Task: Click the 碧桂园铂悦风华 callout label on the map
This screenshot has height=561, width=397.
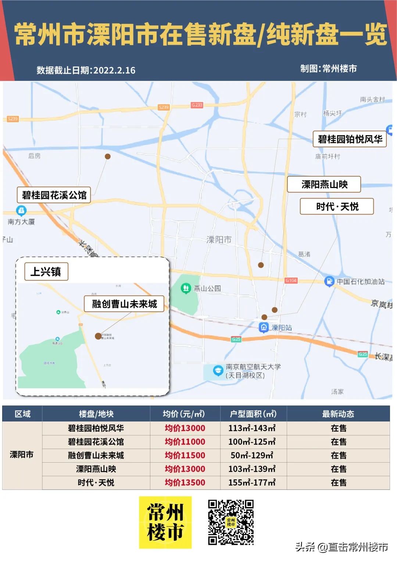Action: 350,139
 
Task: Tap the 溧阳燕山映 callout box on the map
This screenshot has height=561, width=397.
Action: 324,184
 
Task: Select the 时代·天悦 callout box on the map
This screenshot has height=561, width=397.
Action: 337,206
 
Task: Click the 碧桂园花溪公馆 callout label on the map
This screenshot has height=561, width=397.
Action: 54,195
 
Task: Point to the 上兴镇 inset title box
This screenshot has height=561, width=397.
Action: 46,272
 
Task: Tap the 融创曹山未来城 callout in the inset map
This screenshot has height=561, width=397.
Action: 124,304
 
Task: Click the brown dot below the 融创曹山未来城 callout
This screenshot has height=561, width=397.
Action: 98,336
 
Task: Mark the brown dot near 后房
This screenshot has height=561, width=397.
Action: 108,156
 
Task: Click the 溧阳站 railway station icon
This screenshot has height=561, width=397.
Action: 264,327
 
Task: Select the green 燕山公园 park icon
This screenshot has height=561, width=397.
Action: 186,288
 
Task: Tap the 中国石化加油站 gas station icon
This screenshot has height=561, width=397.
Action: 329,281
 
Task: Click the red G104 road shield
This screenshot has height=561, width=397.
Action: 291,280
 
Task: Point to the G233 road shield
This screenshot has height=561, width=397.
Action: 197,105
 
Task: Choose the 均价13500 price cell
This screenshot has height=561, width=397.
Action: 185,482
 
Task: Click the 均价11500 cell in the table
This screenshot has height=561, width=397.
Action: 185,455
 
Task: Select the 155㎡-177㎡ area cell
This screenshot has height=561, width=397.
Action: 252,482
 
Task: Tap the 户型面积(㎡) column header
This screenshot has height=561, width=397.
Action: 253,414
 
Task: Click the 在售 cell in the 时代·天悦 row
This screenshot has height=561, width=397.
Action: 338,482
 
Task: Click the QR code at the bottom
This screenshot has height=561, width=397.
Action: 231,522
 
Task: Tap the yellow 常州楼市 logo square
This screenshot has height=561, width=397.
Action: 165,522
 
